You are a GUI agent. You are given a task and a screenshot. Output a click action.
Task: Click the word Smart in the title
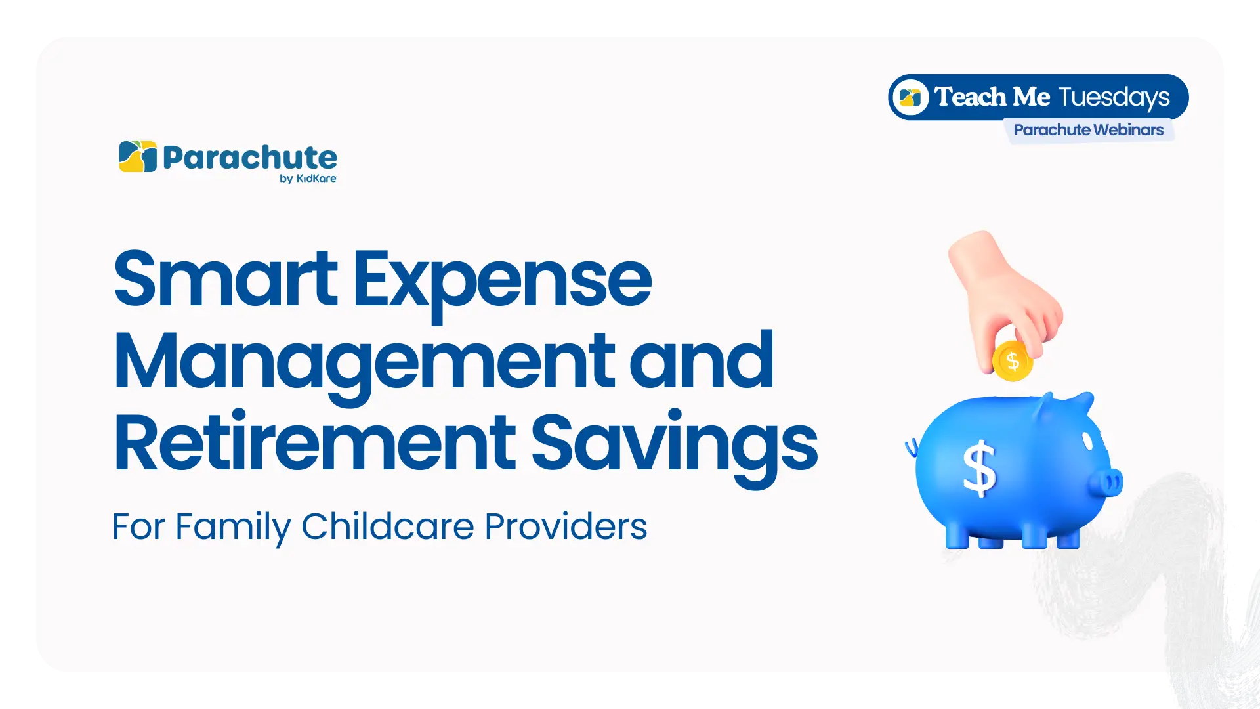tap(225, 278)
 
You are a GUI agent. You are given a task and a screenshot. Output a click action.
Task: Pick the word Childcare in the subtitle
tap(387, 526)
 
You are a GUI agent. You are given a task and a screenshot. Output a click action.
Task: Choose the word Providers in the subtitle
tap(566, 526)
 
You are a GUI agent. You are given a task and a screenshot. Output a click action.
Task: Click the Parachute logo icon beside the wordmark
tap(138, 157)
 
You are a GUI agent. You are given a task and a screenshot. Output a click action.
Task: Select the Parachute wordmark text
tap(250, 158)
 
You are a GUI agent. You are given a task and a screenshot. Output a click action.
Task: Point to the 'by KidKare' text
tap(308, 179)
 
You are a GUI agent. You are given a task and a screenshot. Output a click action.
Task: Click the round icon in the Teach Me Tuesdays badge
tap(910, 97)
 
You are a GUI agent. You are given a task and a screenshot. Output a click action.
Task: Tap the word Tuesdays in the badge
tap(1114, 98)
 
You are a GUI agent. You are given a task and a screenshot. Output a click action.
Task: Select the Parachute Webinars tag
tap(1089, 130)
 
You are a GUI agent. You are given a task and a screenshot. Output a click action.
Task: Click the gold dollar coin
tap(1013, 360)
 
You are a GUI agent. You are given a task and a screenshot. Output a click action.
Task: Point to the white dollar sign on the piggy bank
tap(979, 468)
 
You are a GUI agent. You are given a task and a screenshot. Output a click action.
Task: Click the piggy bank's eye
tap(1087, 440)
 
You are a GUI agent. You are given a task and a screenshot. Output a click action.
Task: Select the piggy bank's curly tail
tap(912, 448)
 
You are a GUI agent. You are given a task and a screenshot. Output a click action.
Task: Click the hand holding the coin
tap(1004, 295)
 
